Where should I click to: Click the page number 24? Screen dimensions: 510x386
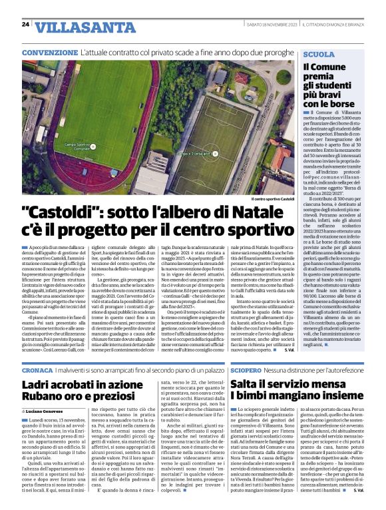(x=25, y=24)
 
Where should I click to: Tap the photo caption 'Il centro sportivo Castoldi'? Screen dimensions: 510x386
(x=273, y=199)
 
